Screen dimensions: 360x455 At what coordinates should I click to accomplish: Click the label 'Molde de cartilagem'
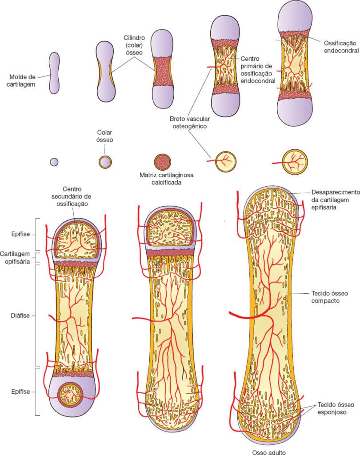[21, 81]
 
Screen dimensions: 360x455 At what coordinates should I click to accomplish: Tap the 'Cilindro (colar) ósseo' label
[134, 45]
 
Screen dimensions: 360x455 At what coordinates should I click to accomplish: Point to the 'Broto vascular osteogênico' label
[190, 123]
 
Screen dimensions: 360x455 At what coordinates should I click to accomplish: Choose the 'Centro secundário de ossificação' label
[72, 196]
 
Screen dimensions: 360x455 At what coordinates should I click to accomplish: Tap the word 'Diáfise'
[20, 315]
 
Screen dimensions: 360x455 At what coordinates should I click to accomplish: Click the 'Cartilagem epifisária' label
[15, 258]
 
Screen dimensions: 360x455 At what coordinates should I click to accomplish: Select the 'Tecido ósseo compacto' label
[329, 297]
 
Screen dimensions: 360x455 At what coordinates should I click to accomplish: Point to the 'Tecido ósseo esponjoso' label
[336, 408]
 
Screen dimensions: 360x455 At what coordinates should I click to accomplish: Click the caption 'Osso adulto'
[268, 452]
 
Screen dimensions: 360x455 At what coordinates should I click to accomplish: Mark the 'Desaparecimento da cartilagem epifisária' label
[335, 200]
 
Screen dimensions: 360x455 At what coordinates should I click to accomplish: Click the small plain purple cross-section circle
[54, 162]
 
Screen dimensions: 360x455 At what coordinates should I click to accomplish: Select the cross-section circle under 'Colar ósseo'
[105, 162]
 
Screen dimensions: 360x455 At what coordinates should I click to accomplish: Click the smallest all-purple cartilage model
[54, 73]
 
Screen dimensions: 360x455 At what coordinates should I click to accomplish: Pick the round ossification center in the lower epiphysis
[70, 395]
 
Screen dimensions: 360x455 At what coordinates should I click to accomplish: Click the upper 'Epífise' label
[20, 234]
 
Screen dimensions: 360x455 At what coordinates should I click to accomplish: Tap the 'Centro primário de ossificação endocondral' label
[258, 70]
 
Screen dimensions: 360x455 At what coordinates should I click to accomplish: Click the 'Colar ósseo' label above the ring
[105, 136]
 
